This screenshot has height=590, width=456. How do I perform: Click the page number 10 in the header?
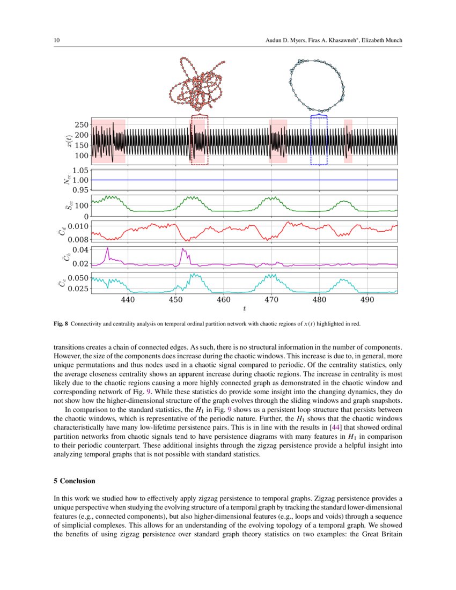pyautogui.click(x=56, y=41)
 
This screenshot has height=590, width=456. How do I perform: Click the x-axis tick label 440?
pyautogui.click(x=128, y=300)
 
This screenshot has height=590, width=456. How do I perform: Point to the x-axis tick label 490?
pyautogui.click(x=367, y=300)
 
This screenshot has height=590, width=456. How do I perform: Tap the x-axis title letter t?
pyautogui.click(x=244, y=309)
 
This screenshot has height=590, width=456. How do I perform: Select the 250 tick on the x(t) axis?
pyautogui.click(x=81, y=124)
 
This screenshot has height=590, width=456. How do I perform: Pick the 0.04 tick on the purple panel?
pyautogui.click(x=80, y=250)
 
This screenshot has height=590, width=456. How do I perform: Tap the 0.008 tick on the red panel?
pyautogui.click(x=77, y=240)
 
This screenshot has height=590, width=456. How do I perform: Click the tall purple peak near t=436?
pyautogui.click(x=108, y=248)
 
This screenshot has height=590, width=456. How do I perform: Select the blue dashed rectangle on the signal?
pyautogui.click(x=319, y=140)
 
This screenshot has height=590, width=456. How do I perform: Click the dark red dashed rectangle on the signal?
pyautogui.click(x=199, y=140)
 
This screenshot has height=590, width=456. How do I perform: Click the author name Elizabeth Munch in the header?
pyautogui.click(x=381, y=41)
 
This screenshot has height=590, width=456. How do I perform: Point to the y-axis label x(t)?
pyautogui.click(x=68, y=141)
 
